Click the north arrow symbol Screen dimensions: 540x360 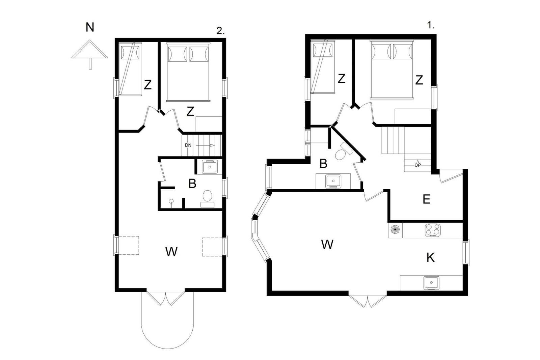[90, 54]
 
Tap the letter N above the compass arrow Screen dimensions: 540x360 [90, 27]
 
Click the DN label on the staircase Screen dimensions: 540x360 [188, 145]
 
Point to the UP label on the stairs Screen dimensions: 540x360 [417, 165]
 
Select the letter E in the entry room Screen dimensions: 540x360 [427, 199]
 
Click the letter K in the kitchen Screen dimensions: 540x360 [430, 257]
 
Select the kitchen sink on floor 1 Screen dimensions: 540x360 [431, 283]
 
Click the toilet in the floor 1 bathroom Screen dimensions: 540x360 [344, 152]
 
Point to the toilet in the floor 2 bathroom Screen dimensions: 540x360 [207, 199]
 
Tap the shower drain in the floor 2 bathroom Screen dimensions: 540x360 [171, 201]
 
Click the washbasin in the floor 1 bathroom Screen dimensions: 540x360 [333, 181]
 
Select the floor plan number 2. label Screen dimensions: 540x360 [220, 31]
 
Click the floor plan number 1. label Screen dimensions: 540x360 [431, 25]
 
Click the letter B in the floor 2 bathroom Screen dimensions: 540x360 [192, 184]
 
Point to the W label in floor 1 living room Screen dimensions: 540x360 [327, 244]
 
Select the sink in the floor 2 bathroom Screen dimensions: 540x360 [210, 167]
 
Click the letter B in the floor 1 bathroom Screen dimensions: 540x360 [323, 164]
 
